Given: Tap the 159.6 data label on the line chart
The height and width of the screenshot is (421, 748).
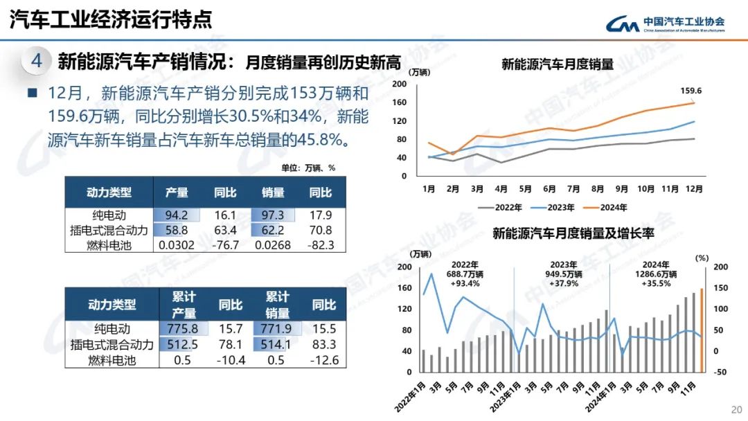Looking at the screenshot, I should (x=691, y=91).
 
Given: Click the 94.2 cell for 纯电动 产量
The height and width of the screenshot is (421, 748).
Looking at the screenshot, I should (x=177, y=215).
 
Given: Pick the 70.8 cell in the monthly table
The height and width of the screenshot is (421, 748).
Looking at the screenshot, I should (x=321, y=230).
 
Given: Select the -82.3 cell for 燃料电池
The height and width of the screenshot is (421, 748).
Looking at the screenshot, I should (x=321, y=244).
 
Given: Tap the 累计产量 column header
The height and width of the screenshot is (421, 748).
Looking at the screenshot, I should (x=184, y=304).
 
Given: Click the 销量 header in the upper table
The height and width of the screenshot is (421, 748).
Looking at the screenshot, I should (x=273, y=192).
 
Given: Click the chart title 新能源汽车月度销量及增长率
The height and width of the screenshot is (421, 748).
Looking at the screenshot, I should (x=573, y=233).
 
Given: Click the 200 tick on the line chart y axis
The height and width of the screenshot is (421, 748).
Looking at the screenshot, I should (x=399, y=84).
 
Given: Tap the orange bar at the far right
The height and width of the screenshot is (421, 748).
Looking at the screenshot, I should (x=702, y=330).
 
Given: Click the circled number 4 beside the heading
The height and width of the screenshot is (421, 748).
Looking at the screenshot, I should (x=37, y=61).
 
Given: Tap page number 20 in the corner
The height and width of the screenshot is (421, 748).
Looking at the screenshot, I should (x=736, y=409).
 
